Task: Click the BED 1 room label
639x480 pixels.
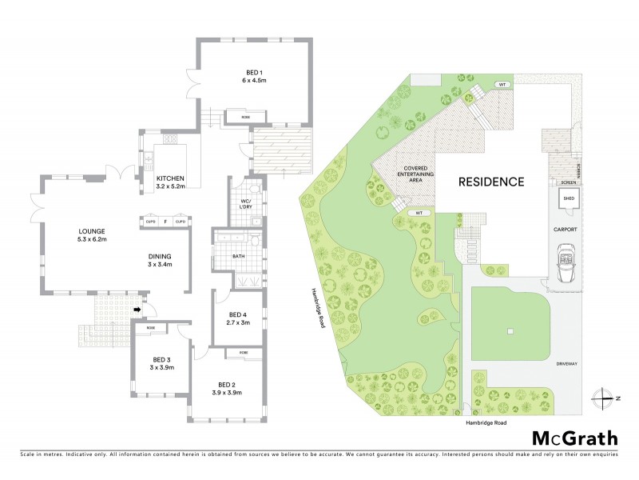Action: coord(254,73)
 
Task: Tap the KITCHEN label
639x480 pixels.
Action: coord(170,178)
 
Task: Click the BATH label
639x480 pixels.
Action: coord(238,257)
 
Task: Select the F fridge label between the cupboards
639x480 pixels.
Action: coord(165,221)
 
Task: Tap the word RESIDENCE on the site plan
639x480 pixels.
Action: coord(490,182)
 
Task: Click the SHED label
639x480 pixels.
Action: coord(568,197)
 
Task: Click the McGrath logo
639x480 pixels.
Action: coord(574,438)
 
